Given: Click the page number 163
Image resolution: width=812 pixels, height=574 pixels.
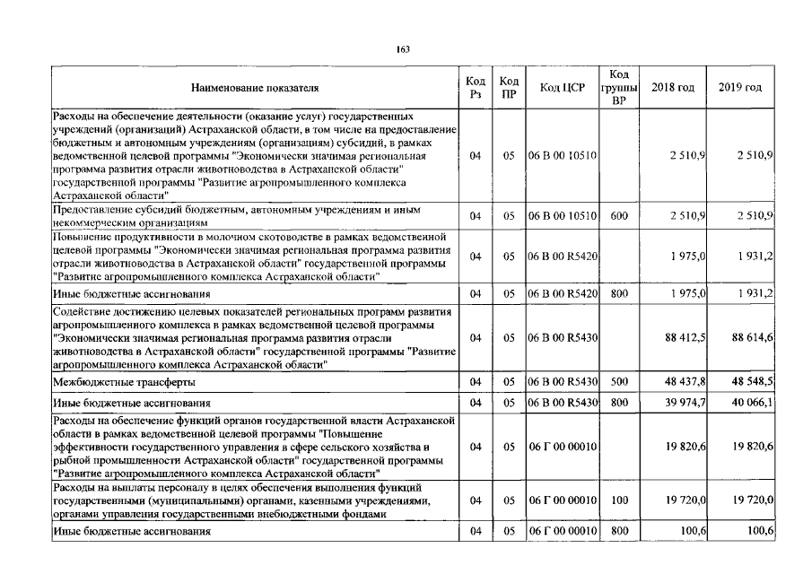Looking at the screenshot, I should [x=403, y=49].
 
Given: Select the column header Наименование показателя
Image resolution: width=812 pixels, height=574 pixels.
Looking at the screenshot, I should [x=254, y=88].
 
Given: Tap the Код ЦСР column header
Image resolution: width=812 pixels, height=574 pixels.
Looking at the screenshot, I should [x=562, y=88].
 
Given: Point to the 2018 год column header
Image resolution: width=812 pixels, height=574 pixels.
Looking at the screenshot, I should [x=673, y=88].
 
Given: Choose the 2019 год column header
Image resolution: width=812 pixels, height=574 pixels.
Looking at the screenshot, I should [x=740, y=88].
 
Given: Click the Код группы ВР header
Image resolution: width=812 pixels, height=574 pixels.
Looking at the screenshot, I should [x=618, y=88].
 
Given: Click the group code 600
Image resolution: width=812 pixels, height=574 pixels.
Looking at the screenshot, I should [x=618, y=215].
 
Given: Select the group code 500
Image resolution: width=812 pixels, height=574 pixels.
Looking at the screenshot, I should [x=618, y=382].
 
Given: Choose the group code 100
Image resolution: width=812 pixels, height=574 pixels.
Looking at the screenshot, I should [x=618, y=500].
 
